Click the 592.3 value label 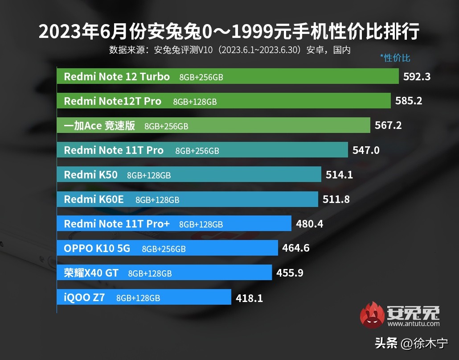(417, 77)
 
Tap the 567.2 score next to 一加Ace (388, 126)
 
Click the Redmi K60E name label (94, 199)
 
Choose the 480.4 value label (309, 224)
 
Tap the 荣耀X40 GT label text (91, 273)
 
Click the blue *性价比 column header (395, 58)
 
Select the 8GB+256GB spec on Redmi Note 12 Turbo (201, 77)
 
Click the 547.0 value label (366, 150)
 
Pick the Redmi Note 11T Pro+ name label (117, 223)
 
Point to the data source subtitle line (229, 50)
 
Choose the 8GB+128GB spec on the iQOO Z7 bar (138, 298)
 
